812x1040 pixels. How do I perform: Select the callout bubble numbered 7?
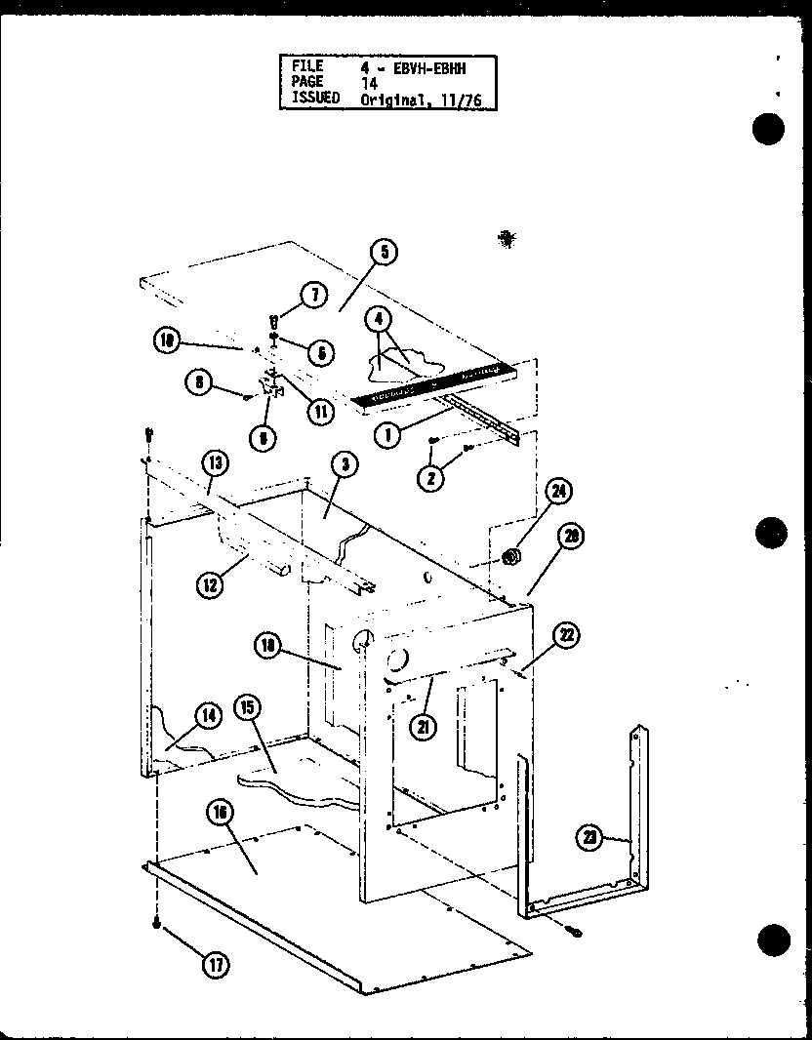(313, 297)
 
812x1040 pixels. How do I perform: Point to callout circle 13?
(216, 461)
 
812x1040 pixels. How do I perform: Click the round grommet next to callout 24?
(507, 556)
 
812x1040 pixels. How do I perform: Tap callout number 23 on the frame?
(589, 837)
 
